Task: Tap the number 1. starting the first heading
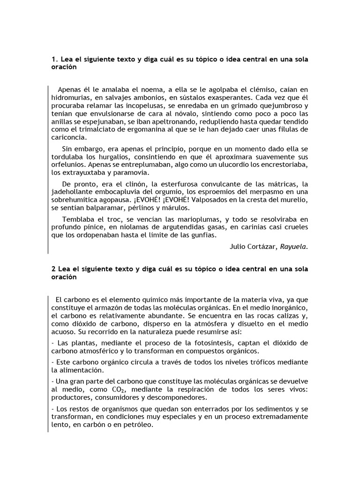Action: [53, 60]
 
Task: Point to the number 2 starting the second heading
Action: [52, 269]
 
